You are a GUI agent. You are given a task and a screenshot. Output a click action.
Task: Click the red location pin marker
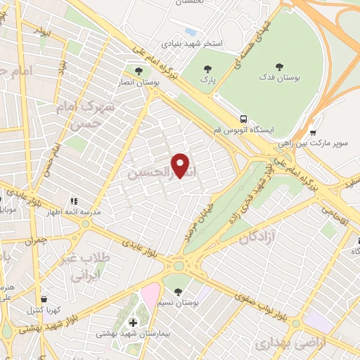(x=181, y=165)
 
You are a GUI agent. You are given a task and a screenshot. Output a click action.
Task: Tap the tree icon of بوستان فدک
(x=279, y=67)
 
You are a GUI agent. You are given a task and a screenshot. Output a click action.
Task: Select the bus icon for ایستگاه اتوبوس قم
(x=243, y=119)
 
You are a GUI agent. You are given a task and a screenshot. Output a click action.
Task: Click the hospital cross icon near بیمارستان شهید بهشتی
(x=133, y=322)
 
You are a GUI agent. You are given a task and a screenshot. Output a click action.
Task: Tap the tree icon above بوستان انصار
(x=138, y=71)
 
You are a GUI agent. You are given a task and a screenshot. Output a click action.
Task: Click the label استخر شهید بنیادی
(x=193, y=44)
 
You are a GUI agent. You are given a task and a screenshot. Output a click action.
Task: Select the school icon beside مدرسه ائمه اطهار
(x=73, y=201)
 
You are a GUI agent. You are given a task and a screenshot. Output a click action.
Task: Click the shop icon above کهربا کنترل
(x=44, y=299)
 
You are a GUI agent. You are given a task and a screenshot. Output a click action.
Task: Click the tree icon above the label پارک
(x=207, y=69)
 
